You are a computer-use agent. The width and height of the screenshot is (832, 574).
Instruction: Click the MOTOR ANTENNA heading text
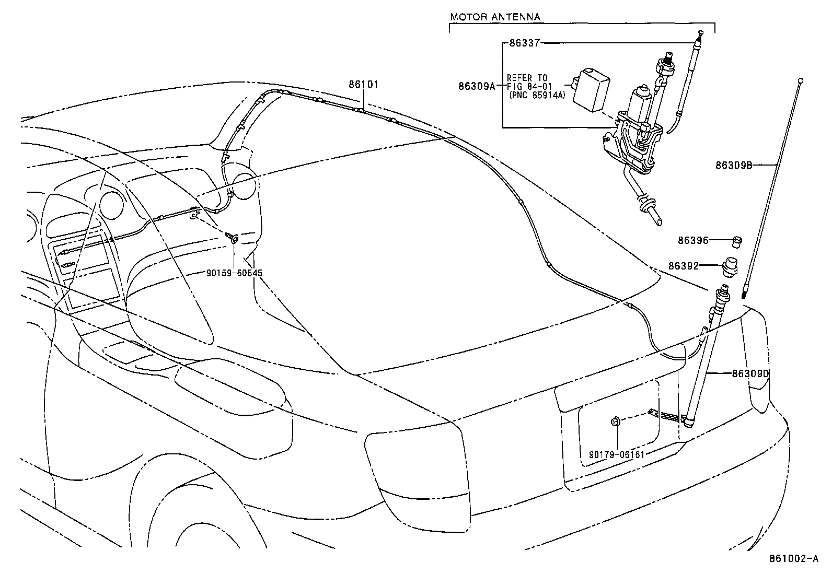[x=495, y=17]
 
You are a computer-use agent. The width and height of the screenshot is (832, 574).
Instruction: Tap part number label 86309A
[x=477, y=87]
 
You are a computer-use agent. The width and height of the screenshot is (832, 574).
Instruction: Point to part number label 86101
[x=364, y=84]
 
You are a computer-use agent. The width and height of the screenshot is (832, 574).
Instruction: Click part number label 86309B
[x=734, y=166]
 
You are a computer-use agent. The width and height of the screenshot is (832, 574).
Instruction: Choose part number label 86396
[x=693, y=241]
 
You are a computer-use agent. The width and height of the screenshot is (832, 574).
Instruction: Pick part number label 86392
[x=684, y=265]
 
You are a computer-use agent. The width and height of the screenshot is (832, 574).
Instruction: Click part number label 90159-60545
[x=234, y=273]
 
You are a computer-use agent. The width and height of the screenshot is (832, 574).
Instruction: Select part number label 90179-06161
[x=617, y=454]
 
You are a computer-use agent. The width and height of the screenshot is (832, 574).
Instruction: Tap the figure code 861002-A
[x=793, y=558]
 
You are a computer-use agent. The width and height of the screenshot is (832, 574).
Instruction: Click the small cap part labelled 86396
[x=737, y=241]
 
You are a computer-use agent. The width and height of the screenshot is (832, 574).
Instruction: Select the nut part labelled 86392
[x=731, y=266]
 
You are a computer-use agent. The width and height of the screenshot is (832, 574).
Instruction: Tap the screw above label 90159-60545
[x=234, y=239]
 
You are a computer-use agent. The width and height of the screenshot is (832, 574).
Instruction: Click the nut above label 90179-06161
[x=616, y=421]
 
